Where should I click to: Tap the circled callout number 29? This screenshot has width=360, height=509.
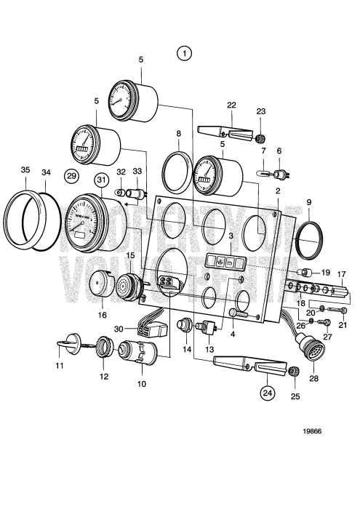point(71,175)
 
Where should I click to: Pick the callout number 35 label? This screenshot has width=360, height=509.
point(25,170)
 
